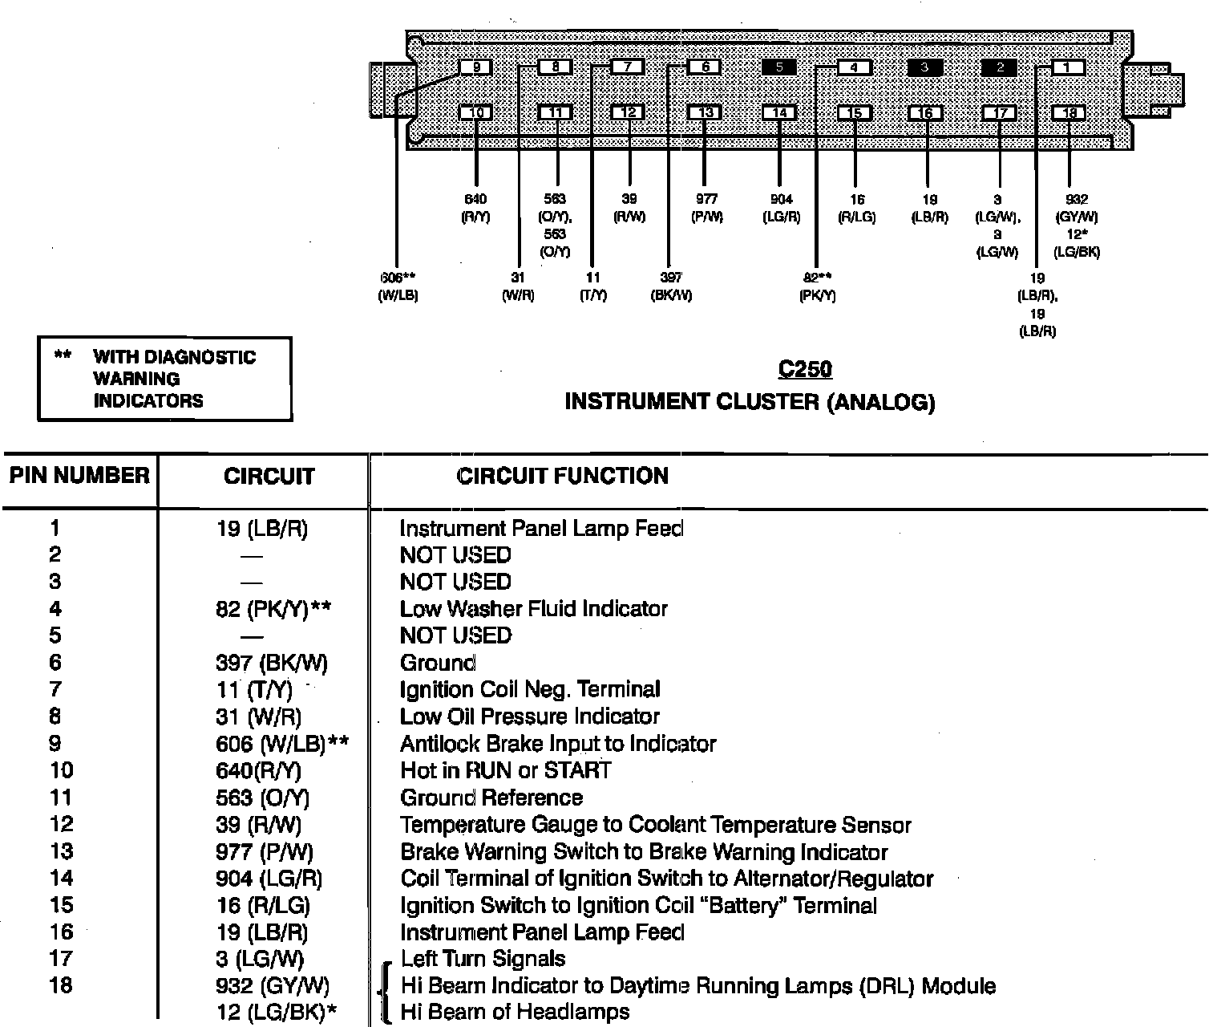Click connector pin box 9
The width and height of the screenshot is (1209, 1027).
pos(475,67)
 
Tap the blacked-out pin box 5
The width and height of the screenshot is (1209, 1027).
pos(779,67)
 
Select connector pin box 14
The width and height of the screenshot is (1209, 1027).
pos(779,113)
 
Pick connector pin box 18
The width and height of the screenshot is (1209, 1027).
pos(1069,113)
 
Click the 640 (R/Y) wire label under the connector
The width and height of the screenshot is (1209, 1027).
pos(475,208)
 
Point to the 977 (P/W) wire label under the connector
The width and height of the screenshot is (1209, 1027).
pos(706,208)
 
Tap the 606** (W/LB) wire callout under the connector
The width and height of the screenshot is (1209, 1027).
pos(398,286)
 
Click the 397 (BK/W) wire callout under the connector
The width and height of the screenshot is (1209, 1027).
pos(671,286)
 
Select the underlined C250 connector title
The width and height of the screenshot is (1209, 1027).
pos(805,370)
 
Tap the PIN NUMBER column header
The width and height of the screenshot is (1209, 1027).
pos(79,476)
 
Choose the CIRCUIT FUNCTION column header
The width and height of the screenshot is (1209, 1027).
pos(562,477)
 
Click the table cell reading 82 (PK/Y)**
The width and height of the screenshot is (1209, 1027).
pos(273,609)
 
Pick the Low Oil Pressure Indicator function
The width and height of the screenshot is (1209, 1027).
pos(529,716)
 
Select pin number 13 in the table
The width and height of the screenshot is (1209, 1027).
pos(61,851)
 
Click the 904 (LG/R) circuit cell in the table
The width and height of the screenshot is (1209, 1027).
pos(268,879)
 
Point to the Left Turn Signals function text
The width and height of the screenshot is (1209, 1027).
pos(483,959)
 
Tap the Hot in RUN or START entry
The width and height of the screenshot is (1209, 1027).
pos(505,771)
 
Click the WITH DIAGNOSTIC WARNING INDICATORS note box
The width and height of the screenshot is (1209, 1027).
pos(164,380)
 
